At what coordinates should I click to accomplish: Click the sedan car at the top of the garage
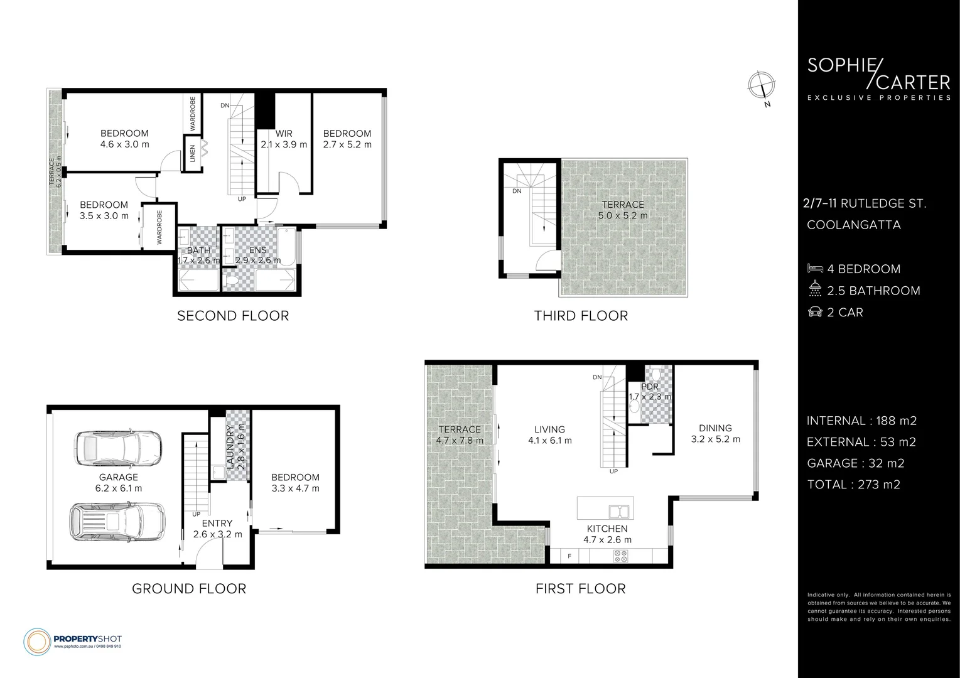pos(117,448)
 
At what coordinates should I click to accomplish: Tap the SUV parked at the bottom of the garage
pos(117,521)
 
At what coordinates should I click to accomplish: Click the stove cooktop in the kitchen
pos(620,556)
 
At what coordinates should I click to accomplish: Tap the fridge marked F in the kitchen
pos(569,556)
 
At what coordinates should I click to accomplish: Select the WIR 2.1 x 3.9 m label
pos(284,139)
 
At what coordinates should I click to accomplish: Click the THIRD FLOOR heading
pos(581,316)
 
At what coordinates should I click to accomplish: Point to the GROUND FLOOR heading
pos(189,589)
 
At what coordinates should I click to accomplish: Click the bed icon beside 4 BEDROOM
pos(815,269)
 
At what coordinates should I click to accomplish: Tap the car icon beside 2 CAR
pos(815,312)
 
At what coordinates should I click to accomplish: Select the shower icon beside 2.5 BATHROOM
pos(815,290)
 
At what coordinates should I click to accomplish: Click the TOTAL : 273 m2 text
pos(853,484)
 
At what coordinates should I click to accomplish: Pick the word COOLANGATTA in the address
pos(853,225)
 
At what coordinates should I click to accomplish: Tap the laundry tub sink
pos(219,472)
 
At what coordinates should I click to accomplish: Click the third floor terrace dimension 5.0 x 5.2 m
pos(623,215)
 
